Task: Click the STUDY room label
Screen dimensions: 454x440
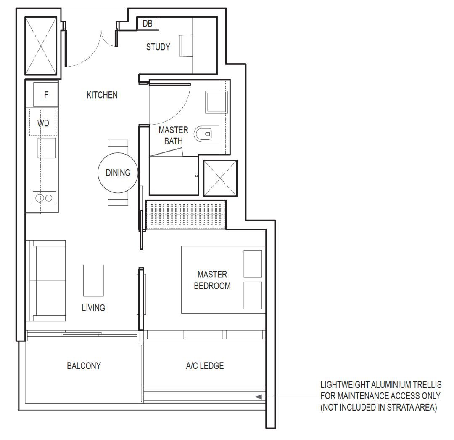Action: (158, 47)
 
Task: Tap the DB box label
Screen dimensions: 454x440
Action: (148, 23)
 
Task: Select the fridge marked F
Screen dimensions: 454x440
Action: (45, 95)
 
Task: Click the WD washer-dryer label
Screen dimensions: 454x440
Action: (43, 123)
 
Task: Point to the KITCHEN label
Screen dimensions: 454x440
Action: (102, 95)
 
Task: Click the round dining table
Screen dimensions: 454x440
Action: (118, 173)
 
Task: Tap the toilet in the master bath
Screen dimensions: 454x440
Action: (203, 134)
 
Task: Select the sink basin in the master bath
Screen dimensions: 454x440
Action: (216, 102)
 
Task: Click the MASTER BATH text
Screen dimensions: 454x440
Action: (174, 136)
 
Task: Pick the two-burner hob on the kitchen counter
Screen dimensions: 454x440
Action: (44, 198)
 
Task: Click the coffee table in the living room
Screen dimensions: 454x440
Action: (93, 280)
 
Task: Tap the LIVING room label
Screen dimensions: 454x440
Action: (93, 307)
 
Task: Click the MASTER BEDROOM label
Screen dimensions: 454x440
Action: (212, 280)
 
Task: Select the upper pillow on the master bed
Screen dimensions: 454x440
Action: (253, 264)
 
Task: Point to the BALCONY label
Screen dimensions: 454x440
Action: (84, 365)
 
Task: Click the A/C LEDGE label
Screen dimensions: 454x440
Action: (205, 365)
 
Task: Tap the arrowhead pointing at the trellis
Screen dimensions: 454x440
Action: (259, 397)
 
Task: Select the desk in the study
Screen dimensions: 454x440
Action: (186, 45)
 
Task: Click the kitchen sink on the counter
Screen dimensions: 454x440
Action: (47, 148)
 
